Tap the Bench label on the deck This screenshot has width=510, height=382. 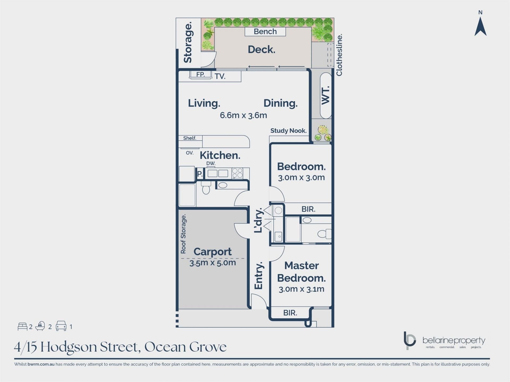tap(265, 32)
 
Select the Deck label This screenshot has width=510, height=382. tap(261, 49)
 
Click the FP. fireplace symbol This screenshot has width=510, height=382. tap(201, 75)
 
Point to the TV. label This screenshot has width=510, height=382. tap(220, 76)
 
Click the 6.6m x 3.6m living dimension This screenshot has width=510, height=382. tap(243, 115)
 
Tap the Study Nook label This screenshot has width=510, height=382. tap(288, 131)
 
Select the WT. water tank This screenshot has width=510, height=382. tap(326, 95)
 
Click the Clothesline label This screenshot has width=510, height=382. tap(339, 55)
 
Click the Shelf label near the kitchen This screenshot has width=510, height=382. tap(190, 138)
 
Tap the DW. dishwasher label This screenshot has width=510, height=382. tap(211, 163)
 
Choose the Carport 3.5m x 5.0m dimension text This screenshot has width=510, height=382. tap(212, 263)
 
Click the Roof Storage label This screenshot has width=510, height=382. tap(183, 234)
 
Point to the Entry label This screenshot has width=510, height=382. tap(258, 275)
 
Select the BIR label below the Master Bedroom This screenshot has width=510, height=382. tap(290, 313)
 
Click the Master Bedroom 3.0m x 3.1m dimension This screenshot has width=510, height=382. tap(301, 289)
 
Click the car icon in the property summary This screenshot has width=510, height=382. tap(61, 326)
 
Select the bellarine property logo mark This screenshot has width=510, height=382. tap(410, 340)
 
